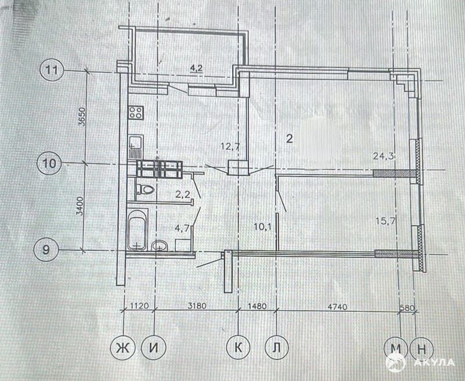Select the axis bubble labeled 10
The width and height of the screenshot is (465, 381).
tap(49, 163)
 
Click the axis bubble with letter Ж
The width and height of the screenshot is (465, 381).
tap(122, 347)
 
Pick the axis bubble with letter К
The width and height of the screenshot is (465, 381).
tap(239, 347)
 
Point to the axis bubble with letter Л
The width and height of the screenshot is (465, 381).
tap(276, 347)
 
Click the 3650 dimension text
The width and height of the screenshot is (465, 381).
tap(82, 117)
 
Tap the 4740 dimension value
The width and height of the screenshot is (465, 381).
tap(337, 306)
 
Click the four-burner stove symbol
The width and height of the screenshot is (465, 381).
tap(136, 113)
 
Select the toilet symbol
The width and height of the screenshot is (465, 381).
tap(145, 189)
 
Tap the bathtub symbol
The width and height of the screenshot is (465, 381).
tap(137, 229)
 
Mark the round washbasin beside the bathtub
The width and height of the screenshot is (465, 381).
tap(160, 246)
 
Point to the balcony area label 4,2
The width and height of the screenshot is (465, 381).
tap(196, 68)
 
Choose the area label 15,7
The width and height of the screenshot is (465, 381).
tap(385, 221)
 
